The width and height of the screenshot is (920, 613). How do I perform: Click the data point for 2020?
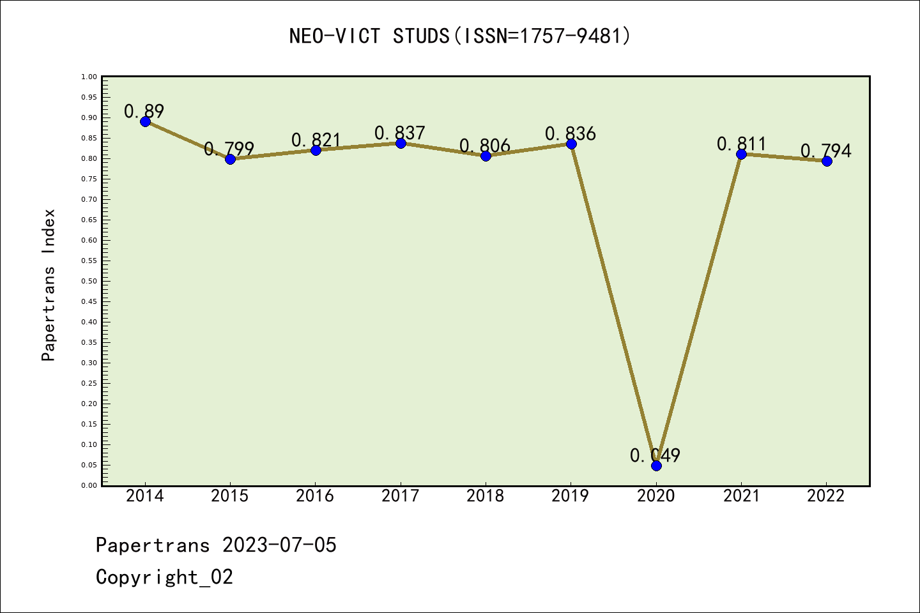[656, 465]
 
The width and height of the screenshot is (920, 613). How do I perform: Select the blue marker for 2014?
[145, 121]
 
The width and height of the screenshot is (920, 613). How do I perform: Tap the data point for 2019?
[571, 144]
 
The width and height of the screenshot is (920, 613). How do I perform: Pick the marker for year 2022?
[827, 161]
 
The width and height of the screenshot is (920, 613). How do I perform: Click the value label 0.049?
[655, 455]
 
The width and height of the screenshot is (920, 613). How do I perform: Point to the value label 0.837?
[400, 133]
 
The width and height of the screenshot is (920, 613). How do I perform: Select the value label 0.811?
[741, 144]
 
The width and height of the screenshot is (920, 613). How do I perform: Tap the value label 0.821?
[316, 140]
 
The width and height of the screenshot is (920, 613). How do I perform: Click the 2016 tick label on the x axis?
[315, 496]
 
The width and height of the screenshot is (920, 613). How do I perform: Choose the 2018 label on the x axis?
[486, 496]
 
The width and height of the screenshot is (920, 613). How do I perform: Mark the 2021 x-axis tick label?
[741, 496]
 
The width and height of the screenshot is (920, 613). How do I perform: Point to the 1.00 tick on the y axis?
[89, 77]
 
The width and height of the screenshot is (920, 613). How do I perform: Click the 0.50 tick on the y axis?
[89, 281]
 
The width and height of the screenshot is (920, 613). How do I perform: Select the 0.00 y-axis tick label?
[89, 485]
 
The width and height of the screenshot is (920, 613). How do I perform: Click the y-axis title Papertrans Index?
[49, 285]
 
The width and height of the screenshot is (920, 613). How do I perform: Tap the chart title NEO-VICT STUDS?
[460, 36]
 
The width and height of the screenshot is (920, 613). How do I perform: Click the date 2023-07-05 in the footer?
[279, 545]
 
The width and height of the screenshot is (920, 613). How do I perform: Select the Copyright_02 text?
[164, 577]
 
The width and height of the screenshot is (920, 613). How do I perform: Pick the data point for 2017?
[401, 143]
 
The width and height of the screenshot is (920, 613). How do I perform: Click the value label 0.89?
[144, 111]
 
